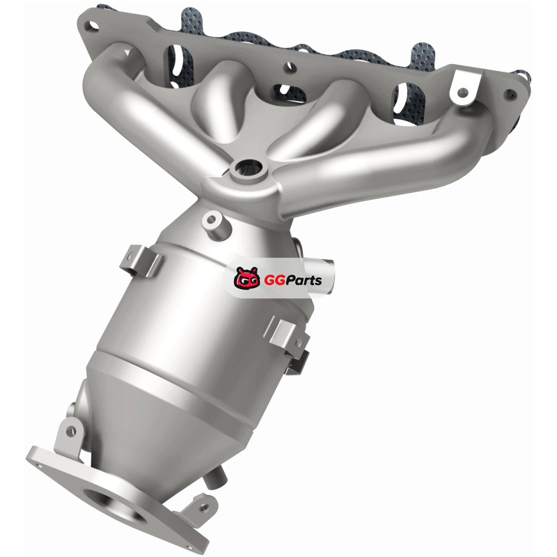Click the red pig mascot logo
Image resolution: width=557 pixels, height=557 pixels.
(247, 278)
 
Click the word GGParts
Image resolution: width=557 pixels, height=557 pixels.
(292, 281)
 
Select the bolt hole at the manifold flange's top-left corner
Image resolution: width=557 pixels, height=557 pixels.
(93, 26)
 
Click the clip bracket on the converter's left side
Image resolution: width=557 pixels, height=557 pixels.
(141, 260)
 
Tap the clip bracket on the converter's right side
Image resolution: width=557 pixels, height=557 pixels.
(287, 337)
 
